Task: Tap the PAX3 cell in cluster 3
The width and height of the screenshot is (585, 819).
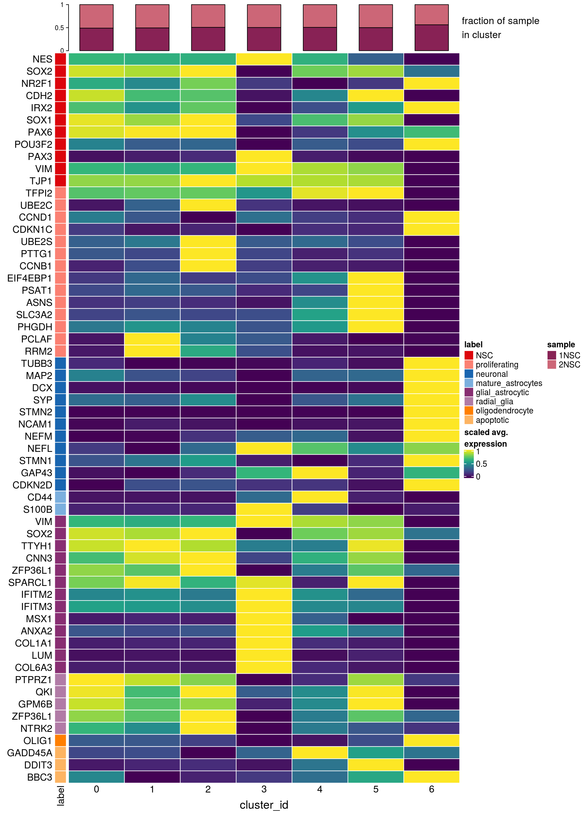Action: [x=264, y=156]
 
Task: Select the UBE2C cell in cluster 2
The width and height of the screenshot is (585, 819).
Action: [x=208, y=205]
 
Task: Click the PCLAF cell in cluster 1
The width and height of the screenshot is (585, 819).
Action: [x=152, y=339]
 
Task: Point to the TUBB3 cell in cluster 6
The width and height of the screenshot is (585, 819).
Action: [x=431, y=363]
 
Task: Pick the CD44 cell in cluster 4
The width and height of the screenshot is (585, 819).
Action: [x=320, y=497]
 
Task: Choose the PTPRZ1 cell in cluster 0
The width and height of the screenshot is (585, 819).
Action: [x=96, y=679]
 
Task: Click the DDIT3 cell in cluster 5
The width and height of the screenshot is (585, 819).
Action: [x=375, y=765]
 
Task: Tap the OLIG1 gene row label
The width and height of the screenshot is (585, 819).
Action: [x=37, y=740]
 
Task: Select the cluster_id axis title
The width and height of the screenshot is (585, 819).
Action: [x=264, y=805]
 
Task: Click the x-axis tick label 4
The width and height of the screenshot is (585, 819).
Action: [x=320, y=789]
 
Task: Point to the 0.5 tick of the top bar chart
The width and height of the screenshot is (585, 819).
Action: [x=59, y=28]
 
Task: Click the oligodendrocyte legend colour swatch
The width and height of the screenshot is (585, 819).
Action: [x=468, y=411]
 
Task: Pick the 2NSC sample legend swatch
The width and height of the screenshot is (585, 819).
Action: [x=551, y=364]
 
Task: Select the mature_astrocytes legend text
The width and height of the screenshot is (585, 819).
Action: [x=509, y=383]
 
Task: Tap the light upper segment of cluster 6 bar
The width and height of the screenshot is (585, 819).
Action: [x=431, y=14]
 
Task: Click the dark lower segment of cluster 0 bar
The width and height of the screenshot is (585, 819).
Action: [x=96, y=39]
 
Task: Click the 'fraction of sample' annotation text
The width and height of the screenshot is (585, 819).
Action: [x=500, y=21]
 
